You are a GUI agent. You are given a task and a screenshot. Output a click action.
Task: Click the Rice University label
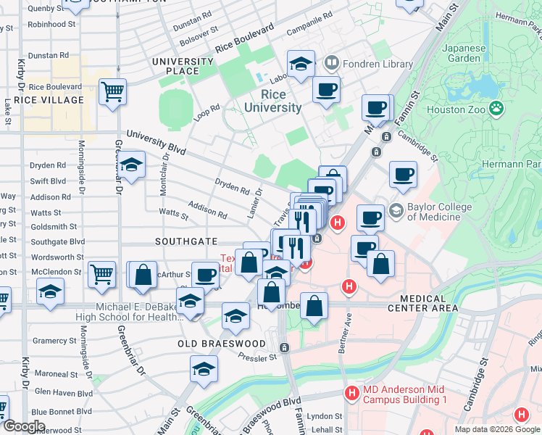click(272, 101)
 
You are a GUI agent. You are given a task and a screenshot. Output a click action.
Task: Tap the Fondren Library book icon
click(332, 63)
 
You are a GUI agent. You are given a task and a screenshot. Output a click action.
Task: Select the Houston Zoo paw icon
click(496, 109)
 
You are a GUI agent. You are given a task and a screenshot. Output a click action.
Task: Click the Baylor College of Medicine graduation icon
click(396, 211)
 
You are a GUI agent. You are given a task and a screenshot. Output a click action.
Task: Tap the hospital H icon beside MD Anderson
click(351, 394)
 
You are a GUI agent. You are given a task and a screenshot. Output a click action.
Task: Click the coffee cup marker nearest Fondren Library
click(326, 90)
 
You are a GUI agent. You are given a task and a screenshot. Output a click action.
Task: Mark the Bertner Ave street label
click(348, 322)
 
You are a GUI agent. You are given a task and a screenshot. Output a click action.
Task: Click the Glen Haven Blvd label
click(64, 393)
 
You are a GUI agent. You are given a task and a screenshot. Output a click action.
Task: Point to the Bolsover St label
click(199, 32)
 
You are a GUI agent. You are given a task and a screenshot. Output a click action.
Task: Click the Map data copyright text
click(497, 428)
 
